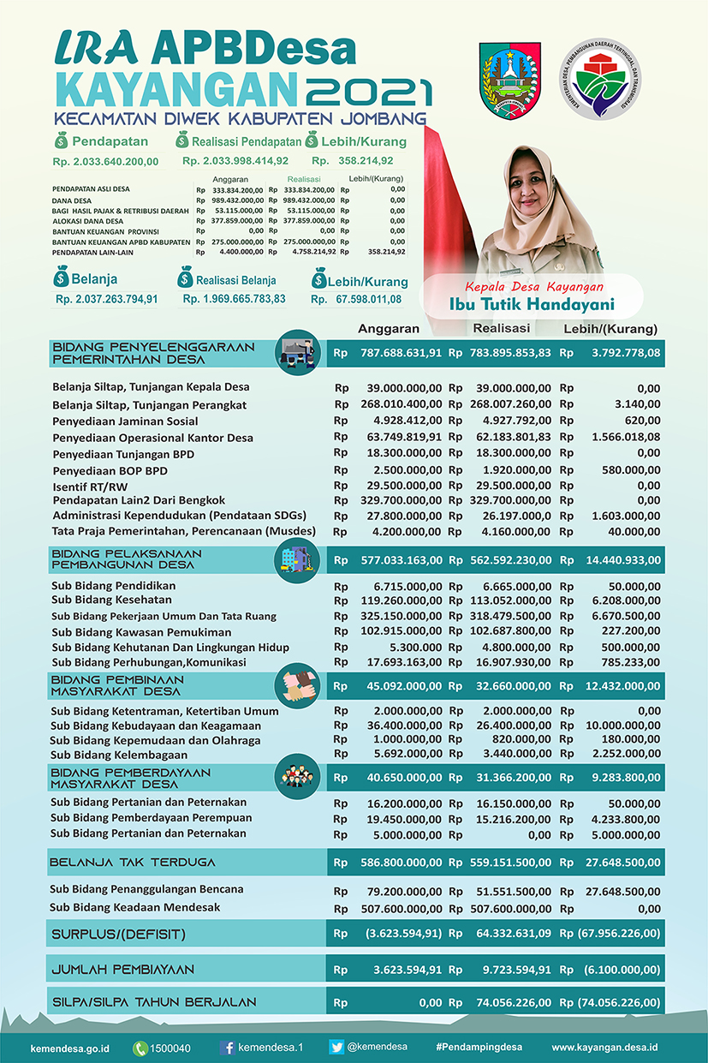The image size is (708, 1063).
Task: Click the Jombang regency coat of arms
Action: pos(510,71)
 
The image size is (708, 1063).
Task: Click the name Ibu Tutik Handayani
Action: pos(532,305)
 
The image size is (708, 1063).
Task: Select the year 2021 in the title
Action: pos(370,91)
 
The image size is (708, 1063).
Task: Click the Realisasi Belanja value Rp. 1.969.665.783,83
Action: pos(235,299)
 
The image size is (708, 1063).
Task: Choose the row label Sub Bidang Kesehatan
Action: pos(111,600)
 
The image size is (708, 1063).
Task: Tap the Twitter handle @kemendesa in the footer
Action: pos(377,1047)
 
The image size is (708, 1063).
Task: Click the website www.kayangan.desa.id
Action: pos(604,1048)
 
